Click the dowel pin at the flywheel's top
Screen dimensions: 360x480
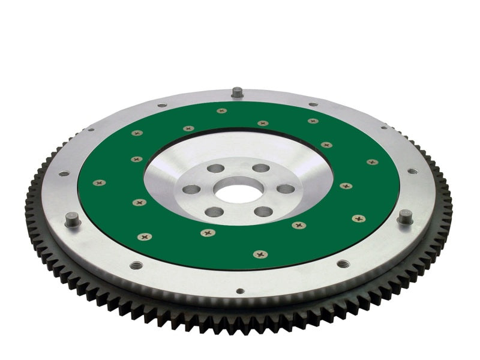tap(237, 93)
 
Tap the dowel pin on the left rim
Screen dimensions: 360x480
tap(72, 220)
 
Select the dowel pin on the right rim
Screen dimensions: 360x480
tap(405, 217)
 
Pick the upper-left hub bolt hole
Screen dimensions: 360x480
tap(215, 169)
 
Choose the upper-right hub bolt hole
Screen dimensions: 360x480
tap(260, 168)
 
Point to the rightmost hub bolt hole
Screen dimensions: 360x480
tap(286, 189)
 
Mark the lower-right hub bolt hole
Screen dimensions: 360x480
tap(263, 211)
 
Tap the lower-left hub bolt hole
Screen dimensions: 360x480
tap(214, 212)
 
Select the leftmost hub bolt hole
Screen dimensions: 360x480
tap(191, 190)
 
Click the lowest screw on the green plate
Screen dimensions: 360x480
tap(260, 254)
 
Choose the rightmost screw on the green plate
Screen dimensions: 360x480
tap(373, 162)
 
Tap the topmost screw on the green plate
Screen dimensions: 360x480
tap(222, 111)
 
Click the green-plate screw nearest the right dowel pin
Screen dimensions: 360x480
tap(358, 218)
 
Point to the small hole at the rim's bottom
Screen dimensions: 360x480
tap(240, 292)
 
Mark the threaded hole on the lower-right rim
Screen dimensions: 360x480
tap(343, 263)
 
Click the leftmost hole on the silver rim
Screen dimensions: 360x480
tap(64, 173)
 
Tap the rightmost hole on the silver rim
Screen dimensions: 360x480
tap(412, 171)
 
